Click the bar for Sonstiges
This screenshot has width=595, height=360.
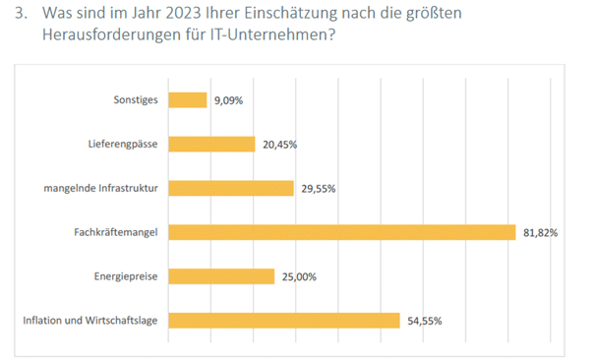click(x=188, y=99)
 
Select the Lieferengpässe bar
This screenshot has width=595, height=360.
click(x=211, y=144)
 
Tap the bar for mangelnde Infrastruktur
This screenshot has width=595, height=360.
click(x=231, y=188)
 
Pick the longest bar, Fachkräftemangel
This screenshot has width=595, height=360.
click(x=341, y=232)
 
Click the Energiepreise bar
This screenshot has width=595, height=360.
click(x=221, y=276)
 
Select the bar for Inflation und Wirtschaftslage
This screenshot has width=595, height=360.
click(x=284, y=321)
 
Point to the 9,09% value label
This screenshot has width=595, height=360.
click(x=229, y=99)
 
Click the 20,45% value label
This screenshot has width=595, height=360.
click(x=279, y=144)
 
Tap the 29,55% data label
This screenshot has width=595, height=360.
click(x=319, y=188)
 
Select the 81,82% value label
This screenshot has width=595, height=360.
click(x=540, y=232)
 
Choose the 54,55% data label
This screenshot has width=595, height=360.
click(x=423, y=321)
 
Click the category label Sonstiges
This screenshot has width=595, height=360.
click(x=137, y=99)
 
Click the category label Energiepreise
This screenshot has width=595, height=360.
click(x=129, y=276)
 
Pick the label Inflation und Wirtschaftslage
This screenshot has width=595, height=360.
click(x=91, y=321)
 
